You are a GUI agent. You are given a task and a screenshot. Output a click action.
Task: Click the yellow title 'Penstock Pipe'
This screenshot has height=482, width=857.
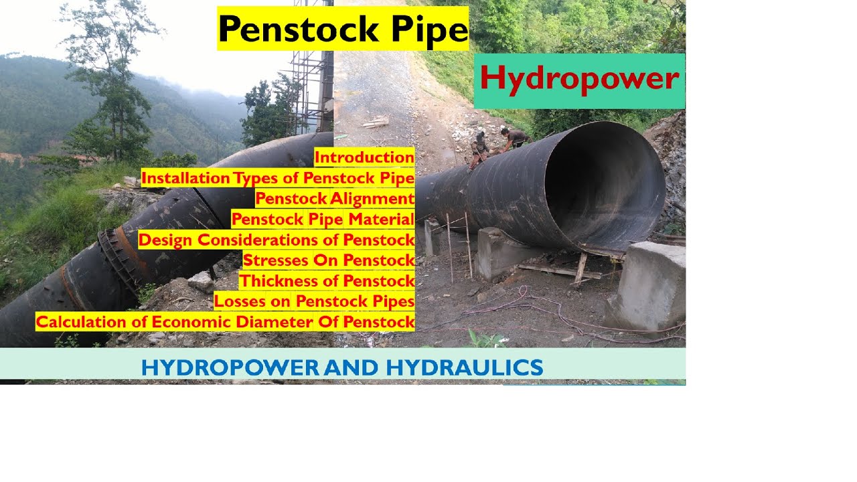[x=343, y=28]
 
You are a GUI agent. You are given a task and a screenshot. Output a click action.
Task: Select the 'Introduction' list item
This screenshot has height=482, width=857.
[x=364, y=158]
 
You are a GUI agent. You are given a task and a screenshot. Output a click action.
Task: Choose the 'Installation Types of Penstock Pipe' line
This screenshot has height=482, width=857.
[x=278, y=178]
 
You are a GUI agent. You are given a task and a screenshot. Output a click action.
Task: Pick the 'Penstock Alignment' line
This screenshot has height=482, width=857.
[x=335, y=199]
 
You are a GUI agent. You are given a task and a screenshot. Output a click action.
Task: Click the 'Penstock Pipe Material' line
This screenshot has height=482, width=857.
[x=323, y=219]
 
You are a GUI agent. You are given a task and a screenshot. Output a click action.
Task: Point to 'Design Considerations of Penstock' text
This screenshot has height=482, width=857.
[x=277, y=240]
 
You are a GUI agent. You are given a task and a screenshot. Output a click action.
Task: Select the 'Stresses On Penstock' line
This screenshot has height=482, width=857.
[x=329, y=260]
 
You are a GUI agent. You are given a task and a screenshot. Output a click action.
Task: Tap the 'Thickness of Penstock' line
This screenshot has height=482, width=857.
[x=327, y=280]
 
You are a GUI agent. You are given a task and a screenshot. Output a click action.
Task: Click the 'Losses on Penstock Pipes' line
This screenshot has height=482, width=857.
[x=314, y=301]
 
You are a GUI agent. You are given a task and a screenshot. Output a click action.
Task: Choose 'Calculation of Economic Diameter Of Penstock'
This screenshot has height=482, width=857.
[x=225, y=322]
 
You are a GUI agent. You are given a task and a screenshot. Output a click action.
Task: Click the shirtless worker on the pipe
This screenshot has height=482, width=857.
[x=514, y=139]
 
